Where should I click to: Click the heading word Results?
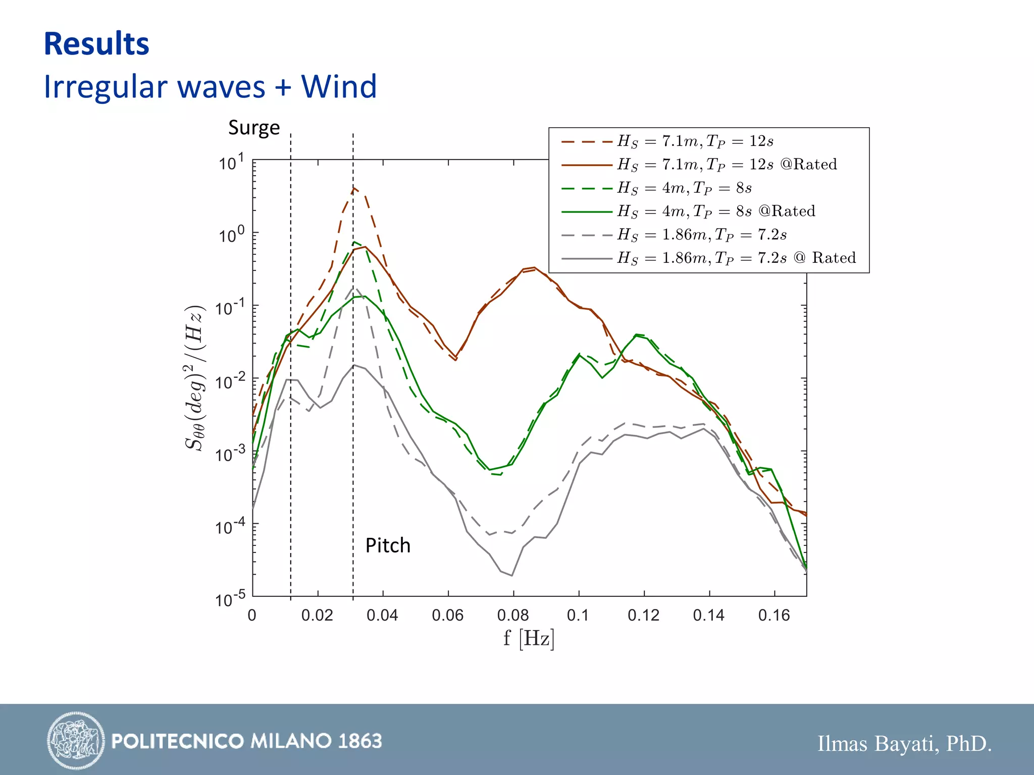96,44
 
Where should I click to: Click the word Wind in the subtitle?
339,86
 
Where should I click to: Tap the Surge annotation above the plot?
254,128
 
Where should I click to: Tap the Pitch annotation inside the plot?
388,545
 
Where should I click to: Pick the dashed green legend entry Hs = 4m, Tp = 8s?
684,188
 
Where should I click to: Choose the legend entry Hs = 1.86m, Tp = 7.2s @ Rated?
736,258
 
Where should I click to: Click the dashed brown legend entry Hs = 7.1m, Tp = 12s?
695,141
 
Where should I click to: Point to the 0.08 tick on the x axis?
513,615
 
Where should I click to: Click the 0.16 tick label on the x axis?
774,615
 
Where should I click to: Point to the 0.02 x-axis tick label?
317,615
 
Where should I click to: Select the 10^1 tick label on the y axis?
232,162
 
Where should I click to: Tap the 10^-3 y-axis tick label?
230,454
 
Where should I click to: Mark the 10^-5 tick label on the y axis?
230,599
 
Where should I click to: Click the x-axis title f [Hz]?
529,638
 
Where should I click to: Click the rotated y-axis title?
194,378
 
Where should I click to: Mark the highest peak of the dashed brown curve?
354,188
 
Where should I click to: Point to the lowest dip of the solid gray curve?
512,575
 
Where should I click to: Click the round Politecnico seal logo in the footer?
76,741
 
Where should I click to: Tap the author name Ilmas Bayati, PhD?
904,744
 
